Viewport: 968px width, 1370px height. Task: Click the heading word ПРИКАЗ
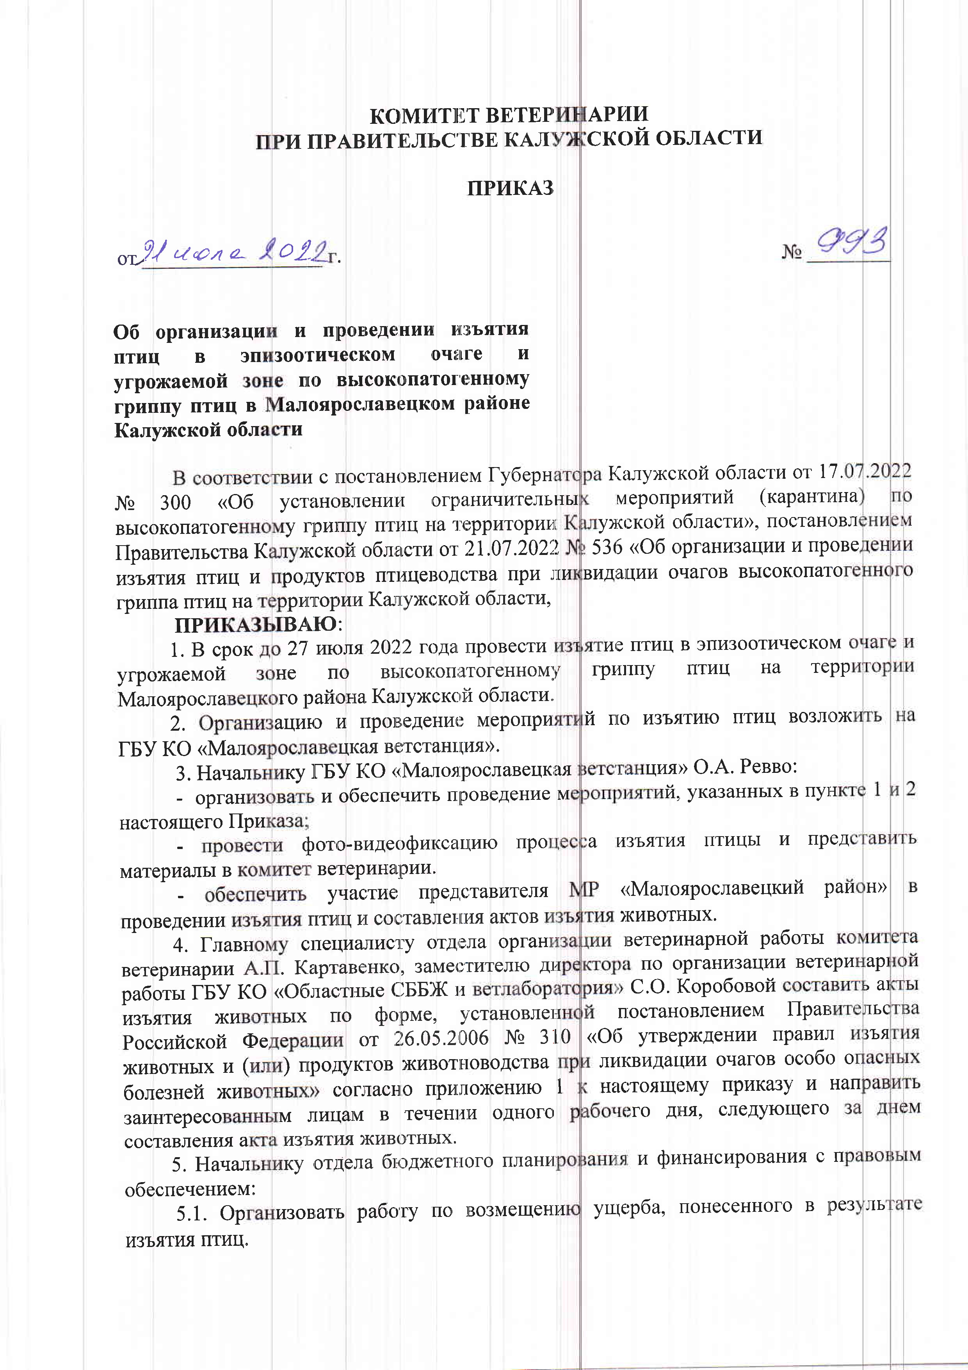coord(510,188)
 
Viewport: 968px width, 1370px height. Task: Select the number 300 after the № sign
coord(175,502)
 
